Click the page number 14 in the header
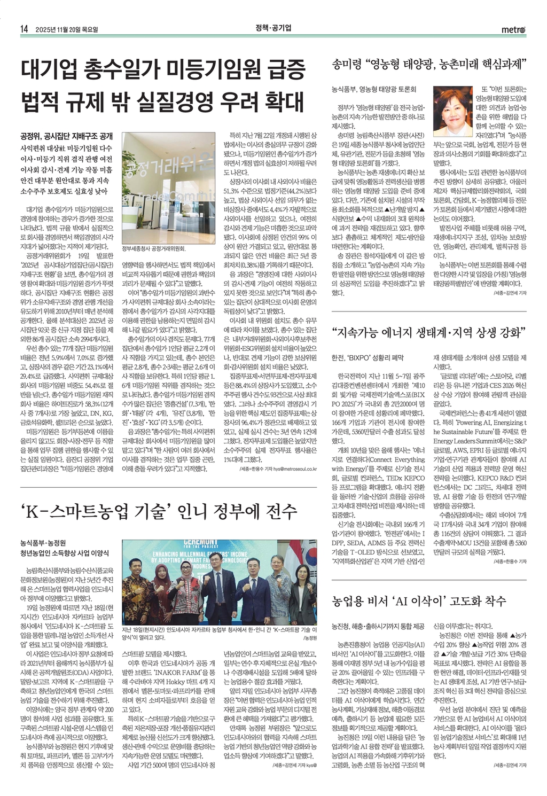(x=24, y=29)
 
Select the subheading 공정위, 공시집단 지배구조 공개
(x=66, y=135)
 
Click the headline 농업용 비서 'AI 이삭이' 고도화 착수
(x=419, y=600)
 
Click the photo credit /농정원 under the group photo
(x=310, y=638)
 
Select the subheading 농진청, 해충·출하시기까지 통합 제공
(x=378, y=626)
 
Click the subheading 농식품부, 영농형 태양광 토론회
(x=374, y=89)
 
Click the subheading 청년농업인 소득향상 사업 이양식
(x=64, y=553)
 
